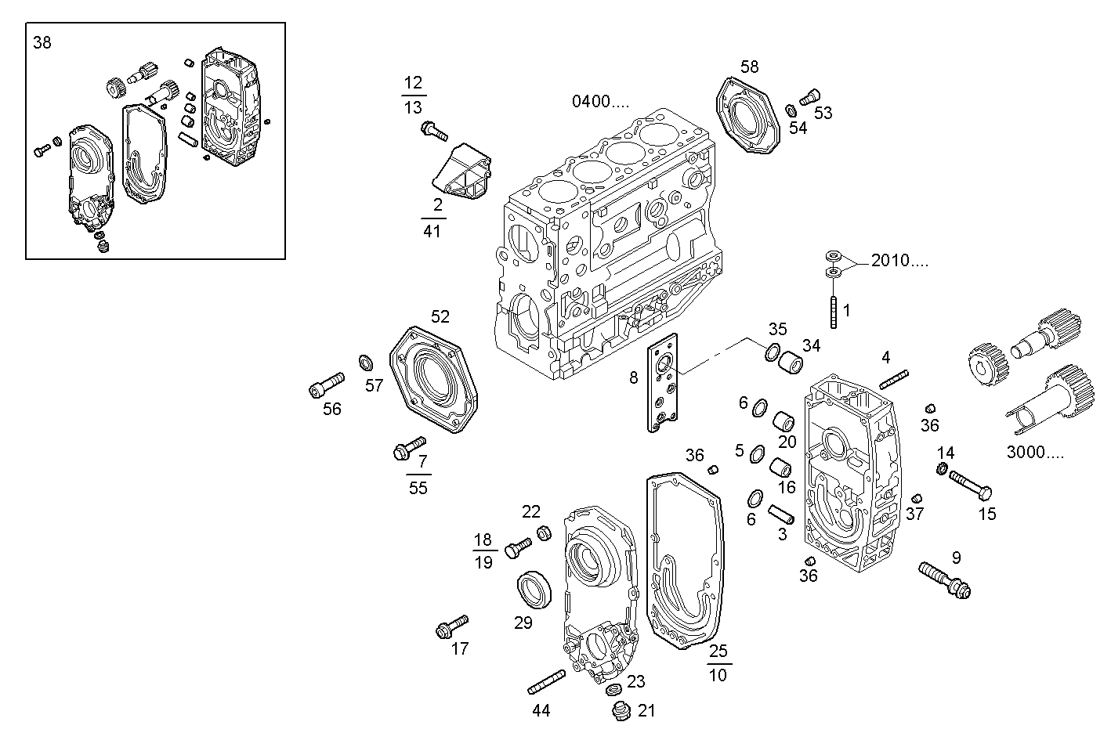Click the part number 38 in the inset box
[x=42, y=43]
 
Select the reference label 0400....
[x=599, y=101]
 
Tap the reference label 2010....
[x=899, y=261]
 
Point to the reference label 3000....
[x=1034, y=453]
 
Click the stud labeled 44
[x=546, y=682]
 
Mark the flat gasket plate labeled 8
[x=664, y=384]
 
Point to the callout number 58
[x=749, y=67]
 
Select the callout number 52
[x=440, y=316]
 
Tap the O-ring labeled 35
[x=772, y=352]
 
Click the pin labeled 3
[x=781, y=514]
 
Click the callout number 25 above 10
[x=718, y=651]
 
